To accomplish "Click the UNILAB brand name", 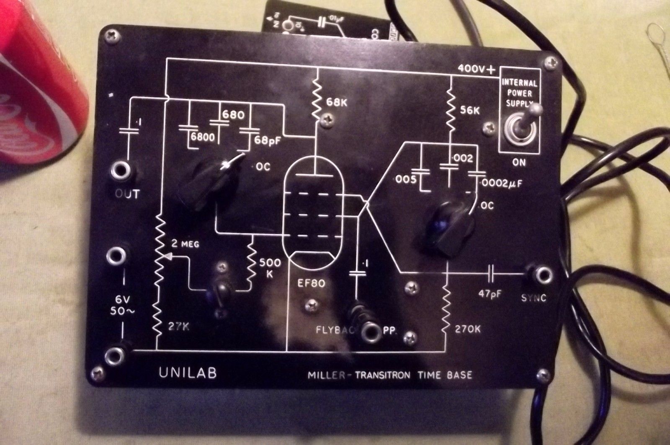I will pos(188,373).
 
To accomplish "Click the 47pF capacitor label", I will pos(491,293).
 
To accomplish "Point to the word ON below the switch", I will pos(519,162).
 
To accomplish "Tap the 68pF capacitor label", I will pos(268,140).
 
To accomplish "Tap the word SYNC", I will pos(534,298).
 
